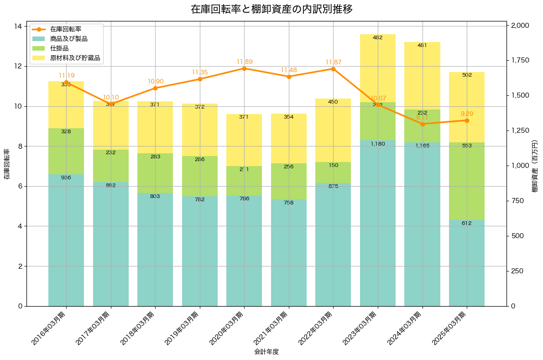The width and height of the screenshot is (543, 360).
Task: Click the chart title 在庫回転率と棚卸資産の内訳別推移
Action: tap(271, 10)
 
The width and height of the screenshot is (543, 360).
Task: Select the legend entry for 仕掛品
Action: tap(60, 48)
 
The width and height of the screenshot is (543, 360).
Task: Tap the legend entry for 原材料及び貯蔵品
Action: tap(75, 58)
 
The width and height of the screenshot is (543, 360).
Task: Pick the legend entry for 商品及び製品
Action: tap(69, 39)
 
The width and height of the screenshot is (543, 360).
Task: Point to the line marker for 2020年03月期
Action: tap(244, 68)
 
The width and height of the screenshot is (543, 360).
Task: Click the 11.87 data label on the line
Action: tap(333, 62)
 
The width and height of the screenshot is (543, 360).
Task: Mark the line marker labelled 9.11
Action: tap(423, 124)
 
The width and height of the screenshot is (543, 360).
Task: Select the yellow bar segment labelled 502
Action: tap(467, 107)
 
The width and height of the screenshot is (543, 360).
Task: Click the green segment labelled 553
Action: tap(467, 181)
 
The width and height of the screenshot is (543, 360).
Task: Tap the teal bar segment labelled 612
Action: tap(467, 263)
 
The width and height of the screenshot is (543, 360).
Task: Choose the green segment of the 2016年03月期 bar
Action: tap(66, 151)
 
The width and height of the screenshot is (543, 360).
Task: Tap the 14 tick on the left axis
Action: tap(19, 26)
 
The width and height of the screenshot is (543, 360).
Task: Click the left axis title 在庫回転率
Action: tap(7, 164)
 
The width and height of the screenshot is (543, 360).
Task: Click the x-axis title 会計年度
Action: tap(266, 352)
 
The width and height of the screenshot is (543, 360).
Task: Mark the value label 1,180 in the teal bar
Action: tap(378, 144)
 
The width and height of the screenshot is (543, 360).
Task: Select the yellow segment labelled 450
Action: tap(333, 130)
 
